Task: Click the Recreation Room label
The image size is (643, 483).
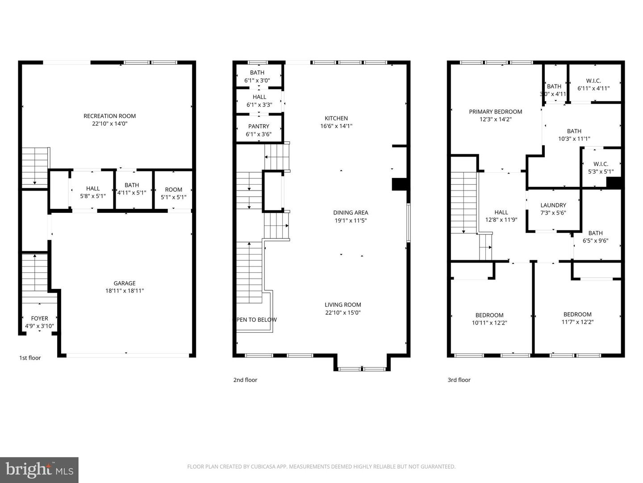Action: click(109, 116)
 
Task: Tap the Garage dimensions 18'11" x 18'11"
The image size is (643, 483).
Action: click(124, 291)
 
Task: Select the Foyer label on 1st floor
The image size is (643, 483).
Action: click(39, 318)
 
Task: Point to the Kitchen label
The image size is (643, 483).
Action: click(336, 119)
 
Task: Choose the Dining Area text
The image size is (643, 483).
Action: click(351, 213)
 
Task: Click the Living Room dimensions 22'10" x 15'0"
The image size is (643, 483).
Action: click(343, 313)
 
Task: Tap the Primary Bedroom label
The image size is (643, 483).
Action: click(495, 112)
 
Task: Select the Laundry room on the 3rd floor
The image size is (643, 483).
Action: click(553, 209)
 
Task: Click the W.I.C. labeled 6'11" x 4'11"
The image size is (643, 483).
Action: click(593, 85)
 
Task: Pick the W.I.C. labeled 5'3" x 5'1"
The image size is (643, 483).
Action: click(601, 168)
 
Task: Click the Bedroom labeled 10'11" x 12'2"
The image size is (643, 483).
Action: click(489, 319)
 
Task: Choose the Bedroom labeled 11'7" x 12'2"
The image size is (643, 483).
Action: click(577, 318)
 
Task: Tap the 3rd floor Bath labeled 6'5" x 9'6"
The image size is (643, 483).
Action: click(595, 237)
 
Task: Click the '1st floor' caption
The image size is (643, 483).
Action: click(30, 358)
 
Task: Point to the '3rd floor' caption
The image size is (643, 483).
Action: click(459, 380)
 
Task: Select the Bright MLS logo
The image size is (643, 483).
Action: click(39, 470)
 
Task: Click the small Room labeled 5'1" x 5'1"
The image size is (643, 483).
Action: click(173, 193)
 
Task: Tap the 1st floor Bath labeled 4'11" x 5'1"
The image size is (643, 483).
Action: click(132, 189)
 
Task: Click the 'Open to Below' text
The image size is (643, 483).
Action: click(257, 320)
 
